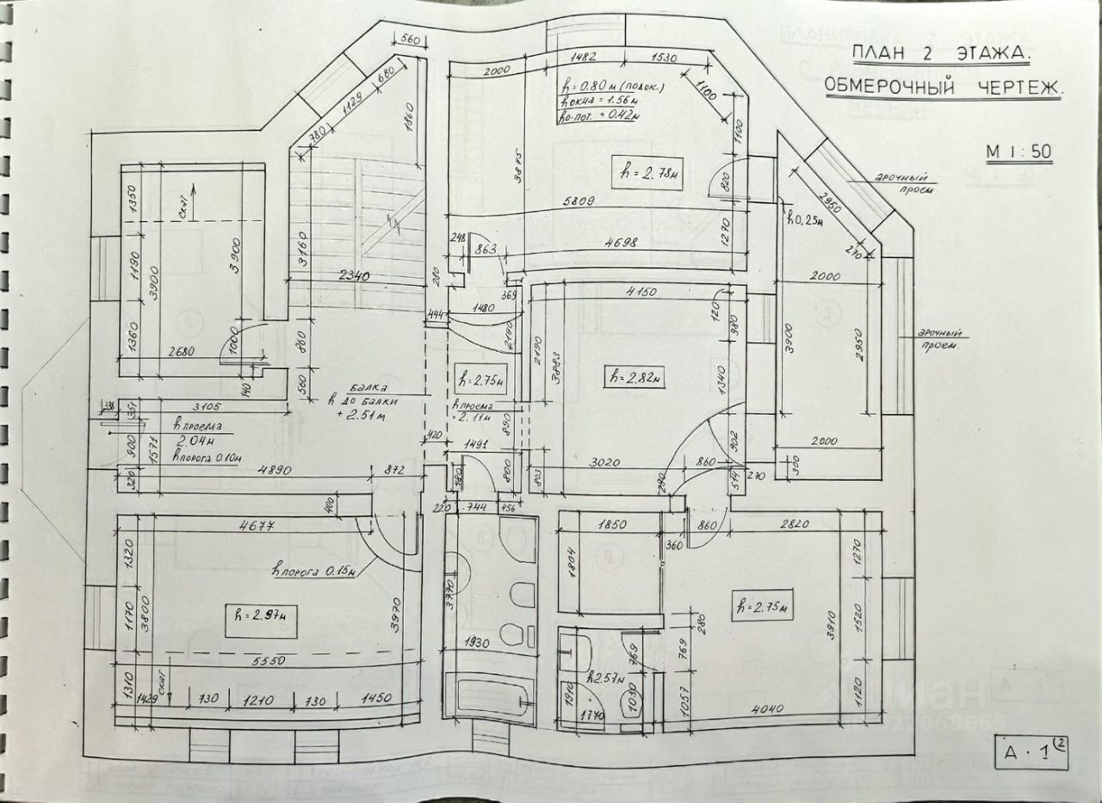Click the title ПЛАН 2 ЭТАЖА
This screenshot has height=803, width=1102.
(x=940, y=54)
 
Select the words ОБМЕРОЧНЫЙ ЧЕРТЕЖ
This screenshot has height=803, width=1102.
(x=944, y=86)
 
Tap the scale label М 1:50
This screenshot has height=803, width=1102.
(x=1019, y=152)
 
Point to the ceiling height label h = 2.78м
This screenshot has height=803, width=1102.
(x=646, y=170)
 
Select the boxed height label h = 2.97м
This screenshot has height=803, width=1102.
(x=261, y=615)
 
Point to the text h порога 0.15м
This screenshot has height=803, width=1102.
(x=315, y=568)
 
